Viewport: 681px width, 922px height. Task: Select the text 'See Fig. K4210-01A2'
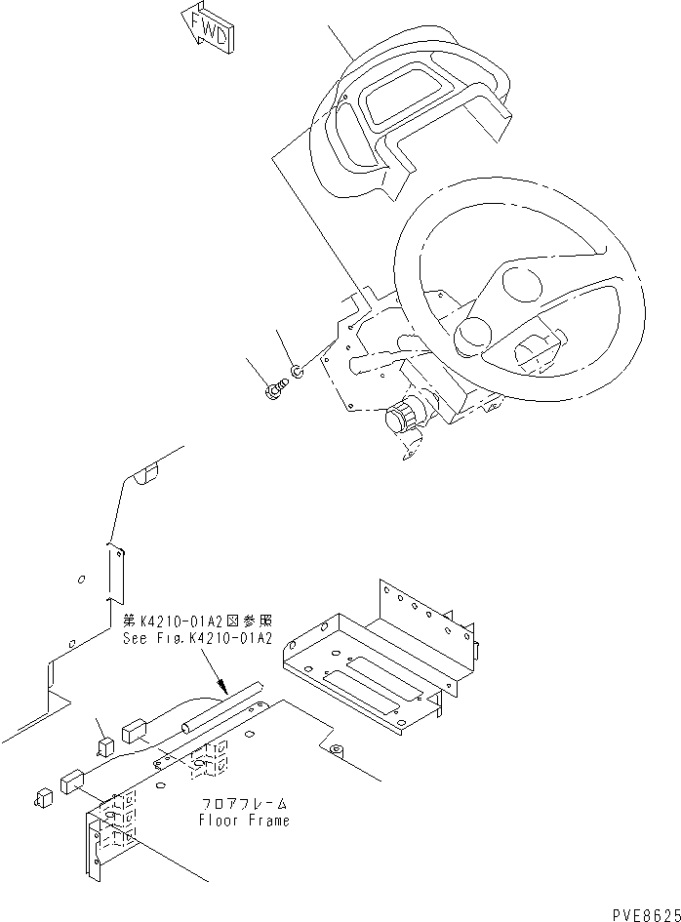click(x=195, y=638)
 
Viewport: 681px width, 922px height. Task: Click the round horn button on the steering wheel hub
click(x=473, y=333)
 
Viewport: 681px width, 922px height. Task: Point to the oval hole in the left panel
click(x=81, y=580)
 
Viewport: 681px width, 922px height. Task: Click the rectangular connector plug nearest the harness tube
click(x=135, y=731)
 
